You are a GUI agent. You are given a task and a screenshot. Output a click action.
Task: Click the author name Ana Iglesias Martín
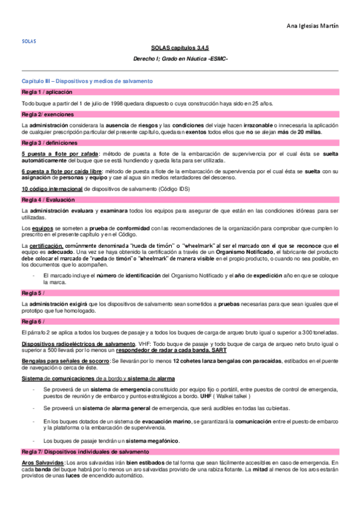coord(313,25)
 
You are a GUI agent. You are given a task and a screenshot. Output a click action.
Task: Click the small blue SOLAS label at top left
coord(28,42)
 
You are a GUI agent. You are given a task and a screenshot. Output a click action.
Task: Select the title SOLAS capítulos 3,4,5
coord(180,46)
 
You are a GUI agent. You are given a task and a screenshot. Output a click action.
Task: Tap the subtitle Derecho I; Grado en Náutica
coord(180,58)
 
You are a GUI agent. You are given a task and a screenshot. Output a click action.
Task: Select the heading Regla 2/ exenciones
coord(47,114)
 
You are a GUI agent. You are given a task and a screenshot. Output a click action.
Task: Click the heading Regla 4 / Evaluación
coord(49,198)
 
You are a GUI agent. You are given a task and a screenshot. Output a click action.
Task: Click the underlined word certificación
coord(46,246)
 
